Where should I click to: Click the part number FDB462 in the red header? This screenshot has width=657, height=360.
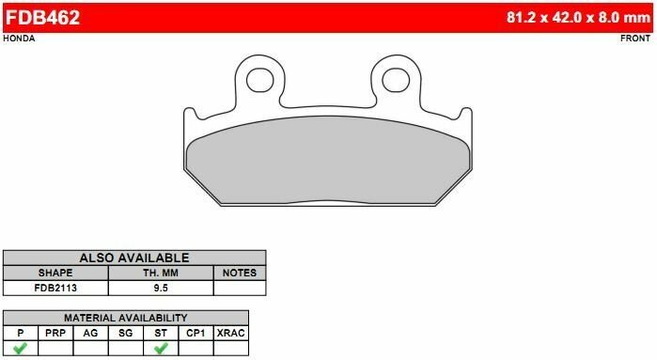[42, 17]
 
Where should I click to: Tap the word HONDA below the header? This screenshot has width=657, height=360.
[20, 39]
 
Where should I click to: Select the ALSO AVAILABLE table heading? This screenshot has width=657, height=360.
[134, 258]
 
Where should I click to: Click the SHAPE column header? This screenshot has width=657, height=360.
[56, 273]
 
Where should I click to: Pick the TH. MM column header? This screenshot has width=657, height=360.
[161, 273]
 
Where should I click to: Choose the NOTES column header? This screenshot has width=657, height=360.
[240, 273]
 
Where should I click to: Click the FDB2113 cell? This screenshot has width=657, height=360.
[56, 289]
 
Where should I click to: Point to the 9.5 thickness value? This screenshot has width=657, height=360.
[161, 289]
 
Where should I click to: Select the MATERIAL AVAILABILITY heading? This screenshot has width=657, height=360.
[125, 318]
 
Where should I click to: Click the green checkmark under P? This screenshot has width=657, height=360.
[20, 348]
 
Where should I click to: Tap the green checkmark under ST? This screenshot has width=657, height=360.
[161, 348]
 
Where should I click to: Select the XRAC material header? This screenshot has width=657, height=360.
[230, 333]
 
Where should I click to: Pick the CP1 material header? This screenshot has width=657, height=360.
[196, 333]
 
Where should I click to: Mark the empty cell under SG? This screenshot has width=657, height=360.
[125, 348]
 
